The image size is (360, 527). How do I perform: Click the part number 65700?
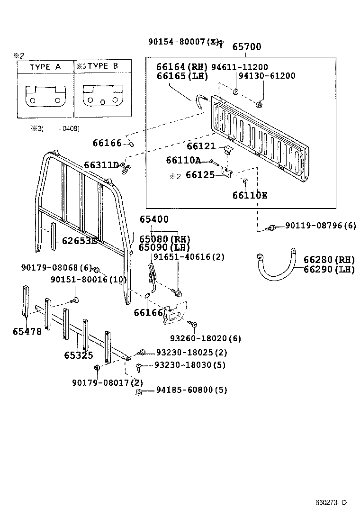[246, 47]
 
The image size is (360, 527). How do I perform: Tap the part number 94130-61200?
[267, 76]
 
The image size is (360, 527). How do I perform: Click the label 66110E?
[250, 195]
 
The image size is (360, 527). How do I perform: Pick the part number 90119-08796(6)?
[320, 226]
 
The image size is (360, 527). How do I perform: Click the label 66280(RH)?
[329, 260]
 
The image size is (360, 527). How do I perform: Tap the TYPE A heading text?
[45, 67]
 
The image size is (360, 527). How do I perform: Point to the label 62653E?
[79, 241]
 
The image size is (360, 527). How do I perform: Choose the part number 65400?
[154, 219]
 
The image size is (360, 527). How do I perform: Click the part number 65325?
[79, 355]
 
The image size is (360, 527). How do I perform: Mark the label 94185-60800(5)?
[191, 391]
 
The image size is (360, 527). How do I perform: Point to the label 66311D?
[101, 165]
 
